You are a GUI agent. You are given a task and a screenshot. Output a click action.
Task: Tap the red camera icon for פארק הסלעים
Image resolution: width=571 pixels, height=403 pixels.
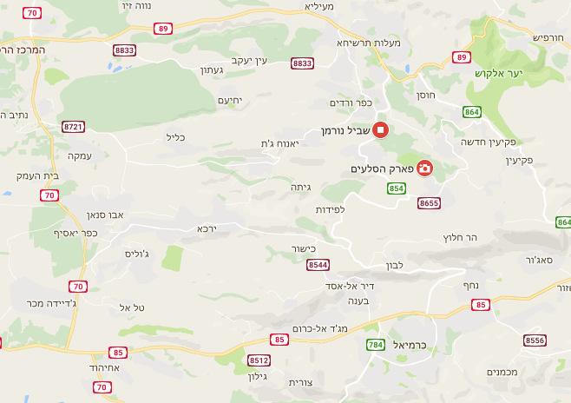tap(425, 168)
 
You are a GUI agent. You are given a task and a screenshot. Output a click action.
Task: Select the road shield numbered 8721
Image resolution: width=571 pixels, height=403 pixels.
tap(74, 127)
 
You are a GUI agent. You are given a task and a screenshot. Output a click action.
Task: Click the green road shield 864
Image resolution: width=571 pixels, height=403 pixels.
tap(472, 112)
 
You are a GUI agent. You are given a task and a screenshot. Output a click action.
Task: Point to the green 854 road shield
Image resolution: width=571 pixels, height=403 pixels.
tap(397, 188)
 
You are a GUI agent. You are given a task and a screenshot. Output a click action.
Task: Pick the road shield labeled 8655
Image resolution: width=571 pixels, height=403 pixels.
tap(429, 203)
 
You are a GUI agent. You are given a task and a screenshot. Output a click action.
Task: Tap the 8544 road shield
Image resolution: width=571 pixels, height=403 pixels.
tap(318, 264)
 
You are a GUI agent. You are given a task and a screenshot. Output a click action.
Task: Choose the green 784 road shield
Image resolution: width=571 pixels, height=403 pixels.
tap(375, 346)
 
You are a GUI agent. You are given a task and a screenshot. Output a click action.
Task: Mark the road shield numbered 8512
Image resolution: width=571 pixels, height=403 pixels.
tap(259, 360)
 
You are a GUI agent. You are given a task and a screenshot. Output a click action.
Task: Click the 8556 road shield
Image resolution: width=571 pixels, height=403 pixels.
tap(535, 340)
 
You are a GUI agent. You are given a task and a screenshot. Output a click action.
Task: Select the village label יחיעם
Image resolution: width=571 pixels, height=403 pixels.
tap(227, 100)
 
